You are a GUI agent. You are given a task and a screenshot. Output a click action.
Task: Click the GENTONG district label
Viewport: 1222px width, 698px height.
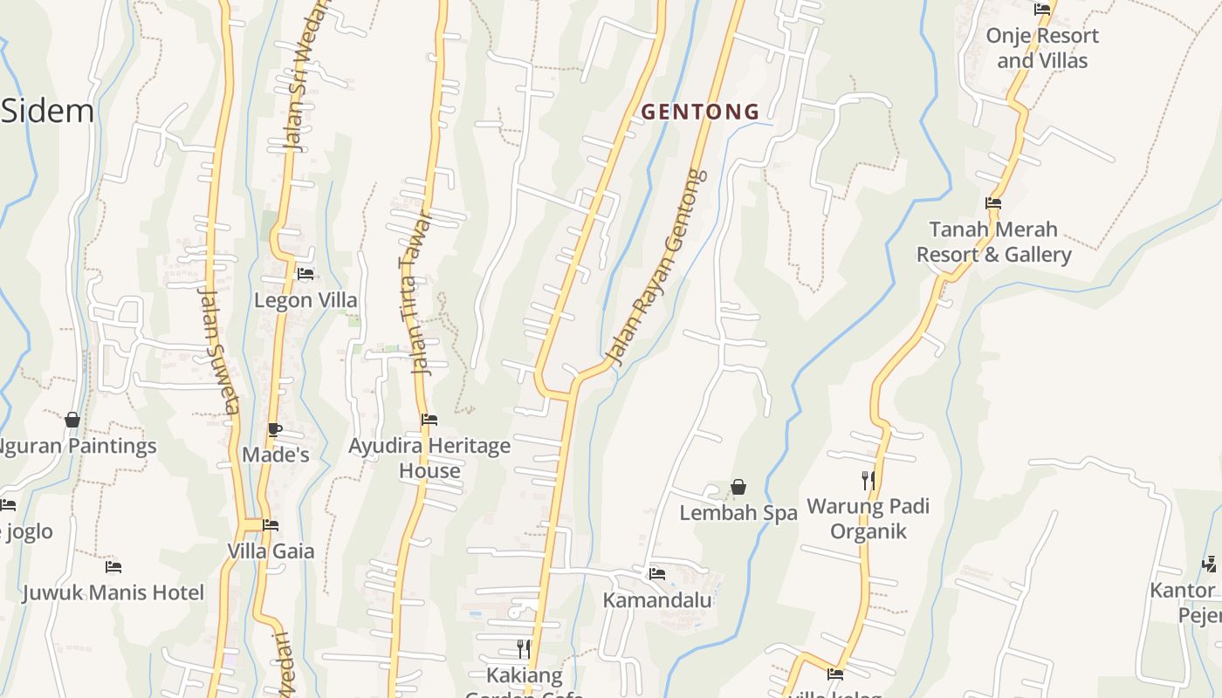(x=701, y=112)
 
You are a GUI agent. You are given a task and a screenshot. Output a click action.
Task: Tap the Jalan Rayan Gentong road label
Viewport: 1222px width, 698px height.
(x=656, y=267)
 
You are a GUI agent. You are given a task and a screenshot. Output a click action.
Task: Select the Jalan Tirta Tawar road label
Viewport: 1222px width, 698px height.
(x=415, y=292)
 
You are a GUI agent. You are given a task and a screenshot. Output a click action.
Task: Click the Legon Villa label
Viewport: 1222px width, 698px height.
(x=305, y=300)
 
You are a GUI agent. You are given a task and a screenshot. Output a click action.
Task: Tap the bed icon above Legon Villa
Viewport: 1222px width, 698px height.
(x=305, y=274)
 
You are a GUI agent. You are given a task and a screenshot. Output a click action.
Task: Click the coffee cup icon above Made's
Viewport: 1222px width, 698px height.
(x=275, y=429)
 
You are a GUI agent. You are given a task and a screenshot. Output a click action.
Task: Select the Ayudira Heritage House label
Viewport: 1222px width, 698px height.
(x=429, y=458)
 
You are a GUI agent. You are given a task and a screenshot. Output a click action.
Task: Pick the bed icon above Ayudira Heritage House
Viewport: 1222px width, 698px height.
(x=429, y=420)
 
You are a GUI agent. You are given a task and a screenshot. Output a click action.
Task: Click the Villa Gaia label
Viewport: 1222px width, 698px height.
(x=271, y=551)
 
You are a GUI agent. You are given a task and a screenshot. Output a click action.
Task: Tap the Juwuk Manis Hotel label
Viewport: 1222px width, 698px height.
(x=113, y=592)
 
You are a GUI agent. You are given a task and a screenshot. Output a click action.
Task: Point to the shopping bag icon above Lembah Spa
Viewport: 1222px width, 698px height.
(x=738, y=487)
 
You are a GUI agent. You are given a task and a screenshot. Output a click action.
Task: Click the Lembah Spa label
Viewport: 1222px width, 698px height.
(x=738, y=513)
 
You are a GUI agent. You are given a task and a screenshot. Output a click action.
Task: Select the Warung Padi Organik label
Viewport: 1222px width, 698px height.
(x=868, y=518)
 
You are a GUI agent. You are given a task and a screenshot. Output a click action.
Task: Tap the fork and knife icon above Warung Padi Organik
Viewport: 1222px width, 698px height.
(x=868, y=480)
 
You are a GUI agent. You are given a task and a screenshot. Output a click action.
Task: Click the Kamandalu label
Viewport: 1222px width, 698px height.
(x=657, y=600)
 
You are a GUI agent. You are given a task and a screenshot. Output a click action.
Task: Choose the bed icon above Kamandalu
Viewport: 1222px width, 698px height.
(x=657, y=574)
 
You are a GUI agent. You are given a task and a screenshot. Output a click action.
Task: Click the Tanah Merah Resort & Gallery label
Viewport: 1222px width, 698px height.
(x=994, y=242)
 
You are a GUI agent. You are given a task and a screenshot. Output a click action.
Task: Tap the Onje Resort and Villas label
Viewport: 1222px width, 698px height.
(x=1042, y=48)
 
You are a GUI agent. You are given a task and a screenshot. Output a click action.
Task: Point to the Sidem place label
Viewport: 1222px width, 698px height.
(x=47, y=112)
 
